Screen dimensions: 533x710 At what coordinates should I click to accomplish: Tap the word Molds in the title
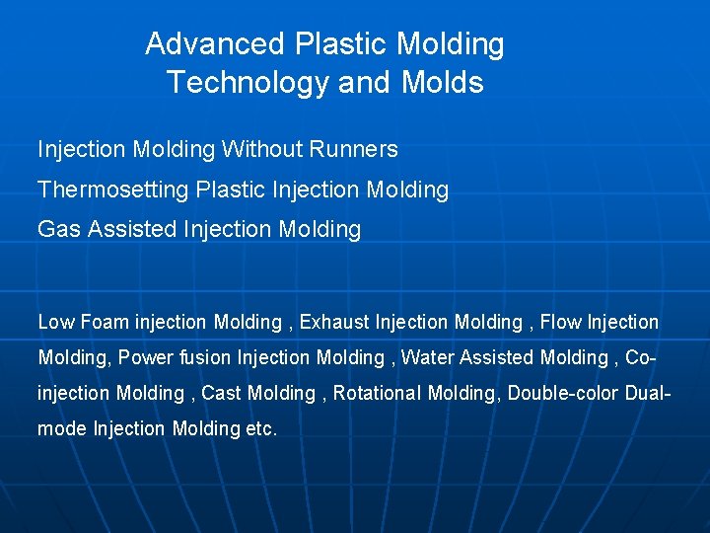pyautogui.click(x=443, y=83)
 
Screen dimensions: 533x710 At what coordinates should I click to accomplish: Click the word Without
pyautogui.click(x=261, y=150)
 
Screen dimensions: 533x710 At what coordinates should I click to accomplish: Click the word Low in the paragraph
pyautogui.click(x=56, y=322)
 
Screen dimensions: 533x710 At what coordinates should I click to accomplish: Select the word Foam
pyautogui.click(x=105, y=322)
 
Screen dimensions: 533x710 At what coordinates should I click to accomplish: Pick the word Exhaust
pyautogui.click(x=334, y=322)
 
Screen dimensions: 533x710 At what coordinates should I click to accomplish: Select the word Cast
pyautogui.click(x=221, y=393)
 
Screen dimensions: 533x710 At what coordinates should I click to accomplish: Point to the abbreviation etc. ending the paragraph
pyautogui.click(x=261, y=429)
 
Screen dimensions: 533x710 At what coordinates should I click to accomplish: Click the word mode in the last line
pyautogui.click(x=62, y=429)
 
